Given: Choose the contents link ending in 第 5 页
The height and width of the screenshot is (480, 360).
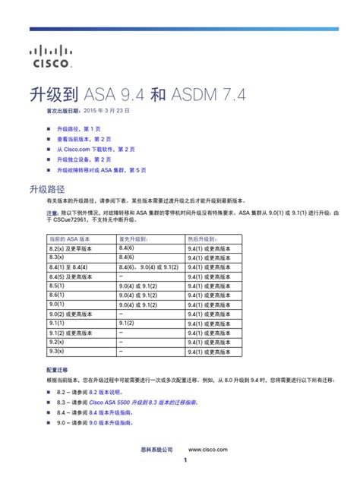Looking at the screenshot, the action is (101, 170).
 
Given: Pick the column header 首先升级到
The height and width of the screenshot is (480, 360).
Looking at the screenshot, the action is (132, 238).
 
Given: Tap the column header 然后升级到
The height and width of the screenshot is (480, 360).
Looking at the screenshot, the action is (201, 238).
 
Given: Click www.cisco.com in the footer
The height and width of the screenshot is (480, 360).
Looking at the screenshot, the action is (208, 450).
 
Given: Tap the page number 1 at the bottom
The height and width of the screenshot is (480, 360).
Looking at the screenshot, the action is (185, 462).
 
